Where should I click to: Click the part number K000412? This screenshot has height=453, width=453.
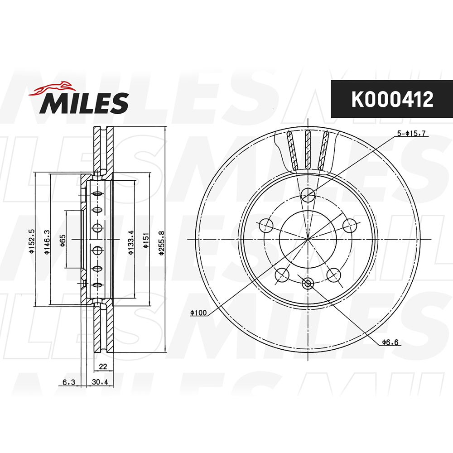[x=392, y=99]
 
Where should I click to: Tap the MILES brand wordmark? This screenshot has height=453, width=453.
[x=84, y=103]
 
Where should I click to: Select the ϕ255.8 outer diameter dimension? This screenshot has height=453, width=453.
[x=162, y=243]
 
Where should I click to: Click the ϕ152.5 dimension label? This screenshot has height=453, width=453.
[x=32, y=241]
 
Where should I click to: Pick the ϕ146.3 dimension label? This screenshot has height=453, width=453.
[x=47, y=242]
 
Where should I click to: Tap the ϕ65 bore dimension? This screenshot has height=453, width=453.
[x=63, y=241]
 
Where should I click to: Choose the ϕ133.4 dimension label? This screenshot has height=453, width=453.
[x=131, y=242]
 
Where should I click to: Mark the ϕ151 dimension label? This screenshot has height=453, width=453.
[x=146, y=240]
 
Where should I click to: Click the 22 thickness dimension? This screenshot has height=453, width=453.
[x=103, y=366]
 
